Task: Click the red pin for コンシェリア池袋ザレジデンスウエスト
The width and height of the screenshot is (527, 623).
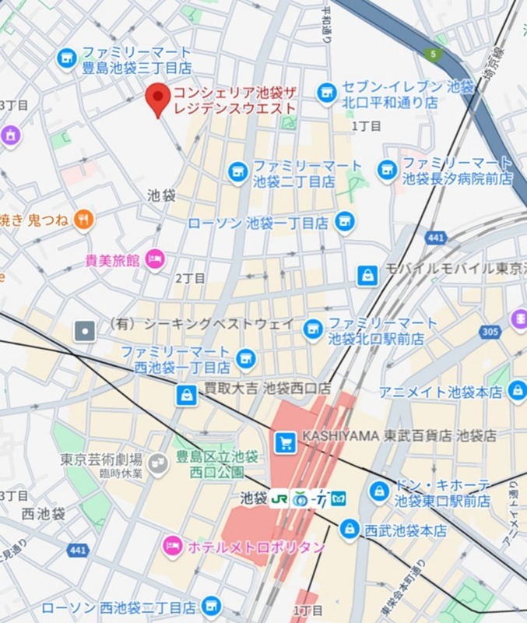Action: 158,98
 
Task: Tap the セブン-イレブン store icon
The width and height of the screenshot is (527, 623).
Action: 327,93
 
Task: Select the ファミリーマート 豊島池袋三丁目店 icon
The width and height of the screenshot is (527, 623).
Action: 67,58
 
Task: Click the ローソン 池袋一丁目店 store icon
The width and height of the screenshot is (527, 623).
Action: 345,223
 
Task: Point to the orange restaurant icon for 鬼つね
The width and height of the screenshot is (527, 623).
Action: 84,220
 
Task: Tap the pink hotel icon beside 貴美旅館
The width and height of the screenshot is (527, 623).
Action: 155,259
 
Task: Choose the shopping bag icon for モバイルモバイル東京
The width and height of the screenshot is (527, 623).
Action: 367,275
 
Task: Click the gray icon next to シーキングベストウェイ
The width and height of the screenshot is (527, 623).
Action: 84,331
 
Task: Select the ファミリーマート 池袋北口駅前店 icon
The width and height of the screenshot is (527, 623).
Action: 313,330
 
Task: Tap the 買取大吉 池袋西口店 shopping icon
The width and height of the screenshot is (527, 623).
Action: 186,395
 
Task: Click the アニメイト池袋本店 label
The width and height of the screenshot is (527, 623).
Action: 441,392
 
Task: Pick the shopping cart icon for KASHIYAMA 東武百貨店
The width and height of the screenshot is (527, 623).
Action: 285,442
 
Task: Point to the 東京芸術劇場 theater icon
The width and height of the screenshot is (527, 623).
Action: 158,464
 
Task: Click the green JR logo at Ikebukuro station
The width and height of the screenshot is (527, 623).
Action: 279,498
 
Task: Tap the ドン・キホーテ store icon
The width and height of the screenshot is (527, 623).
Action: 379,491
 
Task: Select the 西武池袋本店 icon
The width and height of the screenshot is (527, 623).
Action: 350,530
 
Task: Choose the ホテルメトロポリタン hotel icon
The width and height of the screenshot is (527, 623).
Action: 172,547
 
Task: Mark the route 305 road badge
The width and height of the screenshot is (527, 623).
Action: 490,331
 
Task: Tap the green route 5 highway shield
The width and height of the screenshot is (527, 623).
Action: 434,54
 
